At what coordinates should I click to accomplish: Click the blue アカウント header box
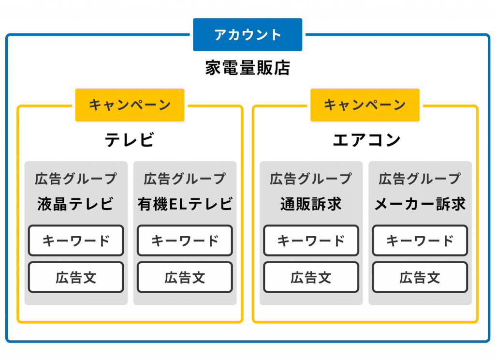pyautogui.click(x=247, y=34)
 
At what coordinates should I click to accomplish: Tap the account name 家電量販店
pyautogui.click(x=247, y=68)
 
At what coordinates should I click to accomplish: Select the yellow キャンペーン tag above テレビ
pyautogui.click(x=130, y=105)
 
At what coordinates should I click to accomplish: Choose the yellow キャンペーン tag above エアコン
pyautogui.click(x=365, y=105)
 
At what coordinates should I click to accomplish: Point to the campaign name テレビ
pyautogui.click(x=130, y=140)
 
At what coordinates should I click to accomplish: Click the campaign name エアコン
pyautogui.click(x=366, y=140)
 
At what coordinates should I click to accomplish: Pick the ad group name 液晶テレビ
pyautogui.click(x=75, y=204)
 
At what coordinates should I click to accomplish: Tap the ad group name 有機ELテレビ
pyautogui.click(x=185, y=204)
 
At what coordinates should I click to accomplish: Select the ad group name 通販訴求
pyautogui.click(x=311, y=204)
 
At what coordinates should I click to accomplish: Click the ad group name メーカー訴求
pyautogui.click(x=420, y=204)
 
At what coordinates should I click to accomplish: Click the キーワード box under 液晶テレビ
pyautogui.click(x=76, y=240)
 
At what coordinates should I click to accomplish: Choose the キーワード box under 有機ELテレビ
pyautogui.click(x=185, y=240)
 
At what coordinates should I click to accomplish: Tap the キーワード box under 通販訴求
pyautogui.click(x=311, y=240)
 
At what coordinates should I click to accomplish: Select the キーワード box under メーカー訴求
pyautogui.click(x=420, y=240)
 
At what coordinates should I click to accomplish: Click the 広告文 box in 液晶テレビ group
pyautogui.click(x=76, y=277)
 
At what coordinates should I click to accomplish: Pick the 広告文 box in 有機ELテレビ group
pyautogui.click(x=185, y=277)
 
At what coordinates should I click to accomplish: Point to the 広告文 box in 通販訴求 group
pyautogui.click(x=311, y=277)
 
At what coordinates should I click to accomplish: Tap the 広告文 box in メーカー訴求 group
pyautogui.click(x=420, y=277)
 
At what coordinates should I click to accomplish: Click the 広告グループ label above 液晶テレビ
pyautogui.click(x=76, y=179)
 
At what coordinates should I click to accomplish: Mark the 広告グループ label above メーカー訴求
pyautogui.click(x=420, y=179)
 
